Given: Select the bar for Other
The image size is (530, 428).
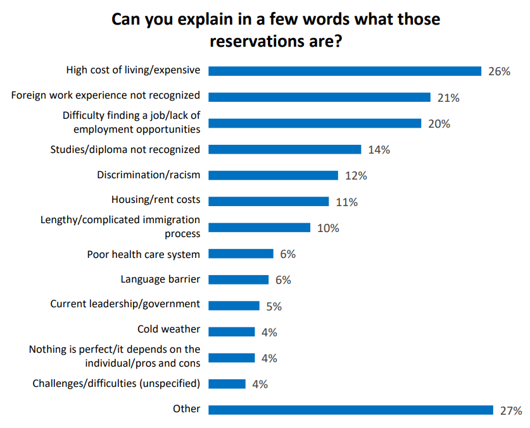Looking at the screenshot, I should click(351, 410).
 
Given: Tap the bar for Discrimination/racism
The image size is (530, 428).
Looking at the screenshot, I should click(274, 175).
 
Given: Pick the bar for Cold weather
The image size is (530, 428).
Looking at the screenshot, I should click(232, 331).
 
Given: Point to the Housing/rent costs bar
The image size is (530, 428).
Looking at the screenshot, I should click(268, 202).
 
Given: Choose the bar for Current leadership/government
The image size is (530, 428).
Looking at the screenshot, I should click(234, 305).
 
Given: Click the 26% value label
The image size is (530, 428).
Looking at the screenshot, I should click(499, 71).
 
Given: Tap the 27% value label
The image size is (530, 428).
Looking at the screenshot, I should click(510, 410).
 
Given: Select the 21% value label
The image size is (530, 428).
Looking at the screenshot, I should click(448, 98).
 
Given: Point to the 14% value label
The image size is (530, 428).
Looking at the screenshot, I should click(379, 150).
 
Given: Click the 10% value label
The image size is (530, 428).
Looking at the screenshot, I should click(328, 228).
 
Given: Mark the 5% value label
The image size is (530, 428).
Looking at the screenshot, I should click(274, 307).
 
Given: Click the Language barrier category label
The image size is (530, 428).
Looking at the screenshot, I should click(160, 278).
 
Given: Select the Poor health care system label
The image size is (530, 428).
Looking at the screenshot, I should click(143, 254).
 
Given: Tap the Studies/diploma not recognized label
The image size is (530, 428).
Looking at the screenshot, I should click(125, 149).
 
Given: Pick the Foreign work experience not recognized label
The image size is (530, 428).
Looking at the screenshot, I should click(106, 95).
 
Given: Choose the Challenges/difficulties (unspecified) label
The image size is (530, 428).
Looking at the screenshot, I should click(116, 383).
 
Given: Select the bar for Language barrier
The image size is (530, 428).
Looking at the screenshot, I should click(239, 279).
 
